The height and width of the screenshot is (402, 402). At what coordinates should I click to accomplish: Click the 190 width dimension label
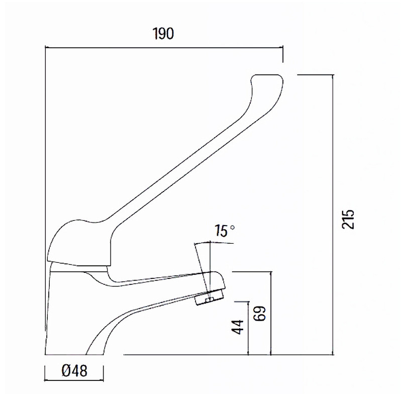tap(163, 34)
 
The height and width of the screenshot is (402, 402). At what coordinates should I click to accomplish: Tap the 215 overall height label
tap(348, 219)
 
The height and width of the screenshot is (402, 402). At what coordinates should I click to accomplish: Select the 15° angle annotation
tap(225, 231)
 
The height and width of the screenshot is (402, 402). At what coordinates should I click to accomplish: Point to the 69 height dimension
tap(259, 314)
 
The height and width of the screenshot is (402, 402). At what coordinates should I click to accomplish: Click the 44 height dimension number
tap(238, 327)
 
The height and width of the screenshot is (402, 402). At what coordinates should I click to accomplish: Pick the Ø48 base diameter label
tap(74, 370)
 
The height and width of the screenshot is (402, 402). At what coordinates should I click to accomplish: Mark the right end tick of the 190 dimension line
tap(283, 47)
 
